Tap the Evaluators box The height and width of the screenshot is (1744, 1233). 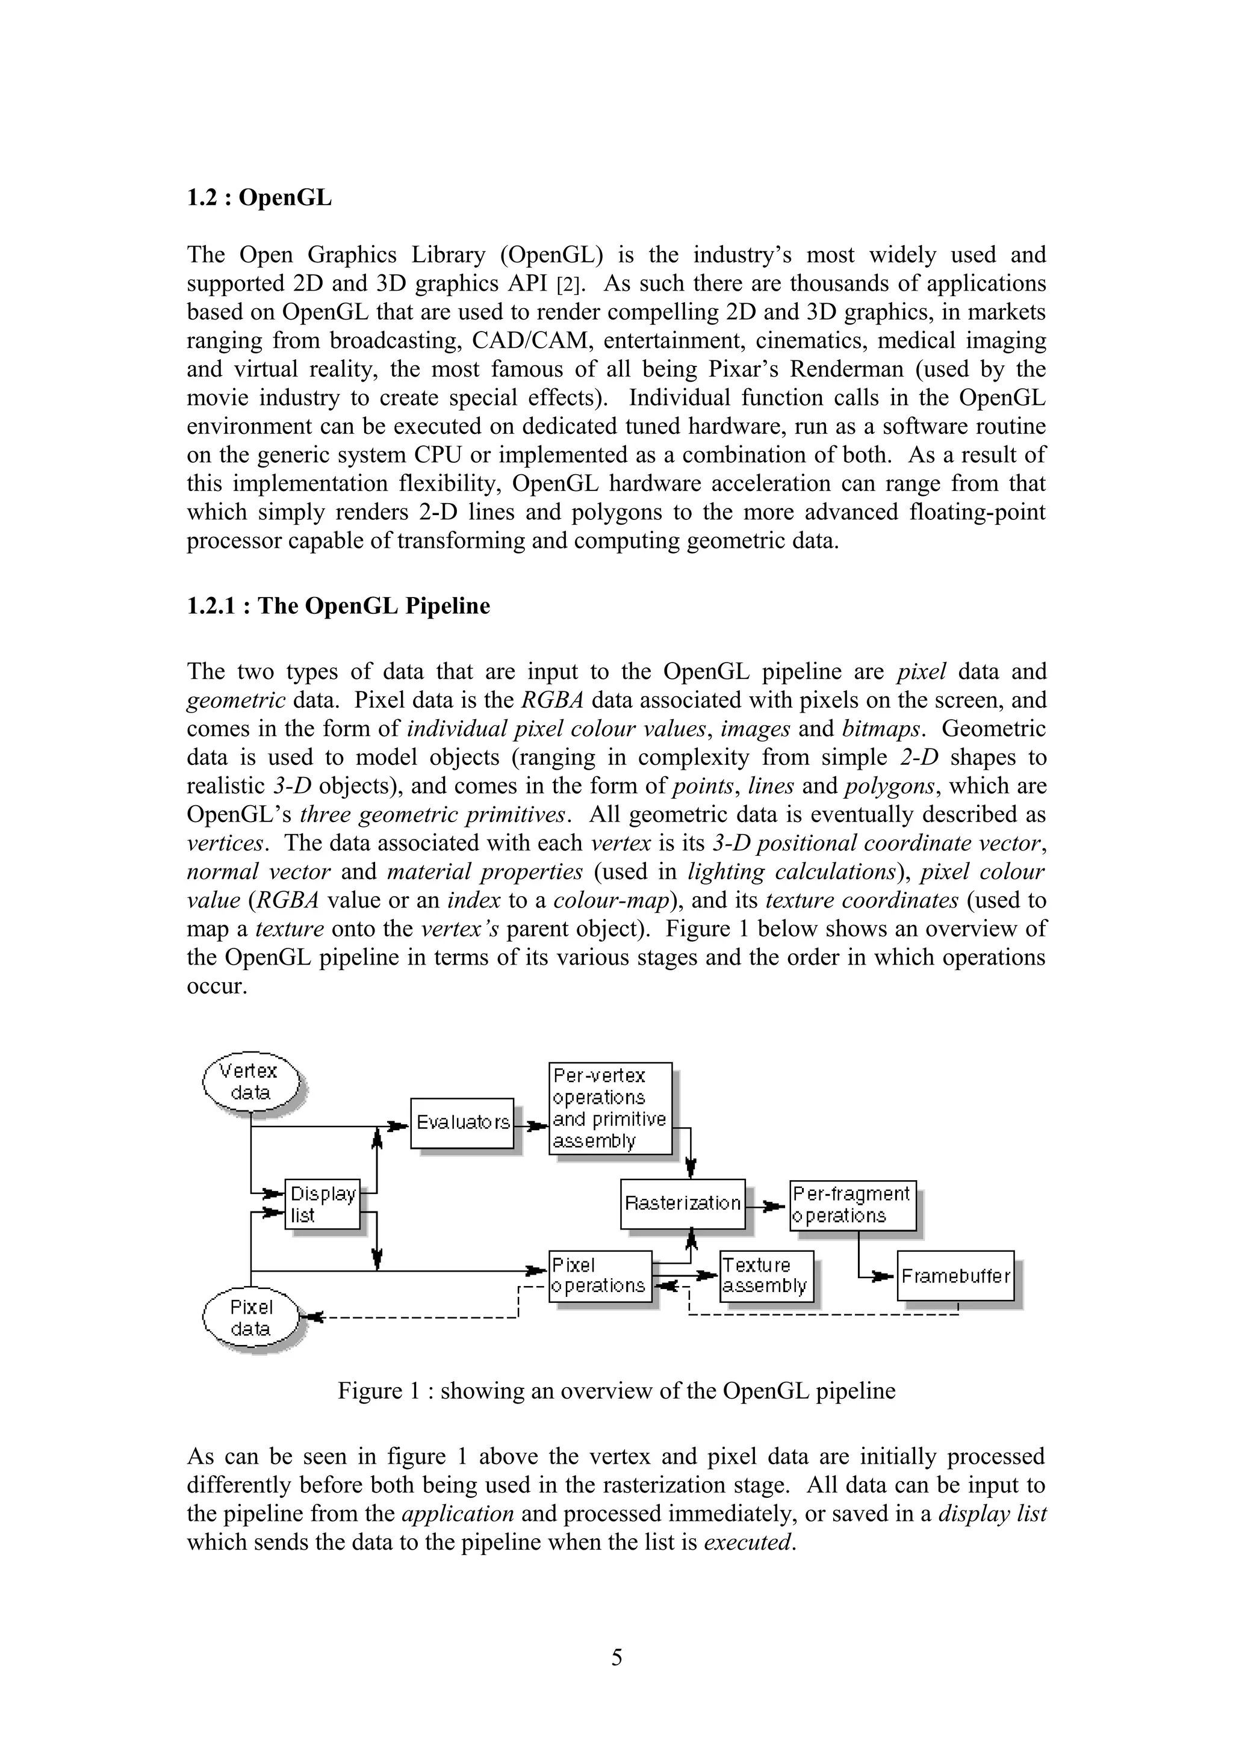coord(462,1123)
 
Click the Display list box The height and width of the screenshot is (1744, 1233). coord(322,1204)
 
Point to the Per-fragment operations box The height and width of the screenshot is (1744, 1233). coord(853,1204)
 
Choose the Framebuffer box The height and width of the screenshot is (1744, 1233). coord(955,1275)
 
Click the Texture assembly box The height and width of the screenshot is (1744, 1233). coord(765,1275)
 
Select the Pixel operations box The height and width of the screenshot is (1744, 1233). coord(600,1275)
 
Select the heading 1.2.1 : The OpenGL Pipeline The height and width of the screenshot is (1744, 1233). coord(338,606)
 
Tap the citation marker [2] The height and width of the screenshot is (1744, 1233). coord(568,285)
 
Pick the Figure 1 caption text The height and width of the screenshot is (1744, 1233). coord(616,1390)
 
